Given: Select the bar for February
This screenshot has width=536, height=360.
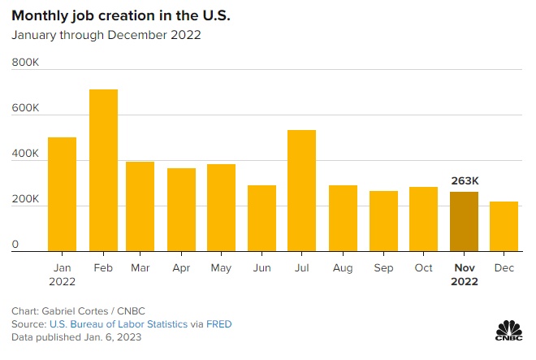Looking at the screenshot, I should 103,171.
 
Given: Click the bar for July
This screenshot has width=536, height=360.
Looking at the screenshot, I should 301,191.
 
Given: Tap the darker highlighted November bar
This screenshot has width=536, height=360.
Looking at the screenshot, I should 465,222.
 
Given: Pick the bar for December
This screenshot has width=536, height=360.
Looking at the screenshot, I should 504,227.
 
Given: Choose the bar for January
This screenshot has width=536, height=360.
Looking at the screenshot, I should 62,194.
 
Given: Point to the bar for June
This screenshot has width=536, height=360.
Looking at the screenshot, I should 262,219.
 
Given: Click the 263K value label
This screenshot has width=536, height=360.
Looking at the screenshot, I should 465,180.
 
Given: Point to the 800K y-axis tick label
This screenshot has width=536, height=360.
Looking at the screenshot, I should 25,62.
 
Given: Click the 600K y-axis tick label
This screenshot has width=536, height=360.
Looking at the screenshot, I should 25,108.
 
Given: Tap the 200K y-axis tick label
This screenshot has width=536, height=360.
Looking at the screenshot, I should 25,200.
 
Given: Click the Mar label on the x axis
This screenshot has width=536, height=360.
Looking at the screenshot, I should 141,267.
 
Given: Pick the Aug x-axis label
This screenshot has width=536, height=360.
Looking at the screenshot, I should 342,267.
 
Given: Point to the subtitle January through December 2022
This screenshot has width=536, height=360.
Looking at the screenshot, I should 106,35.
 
